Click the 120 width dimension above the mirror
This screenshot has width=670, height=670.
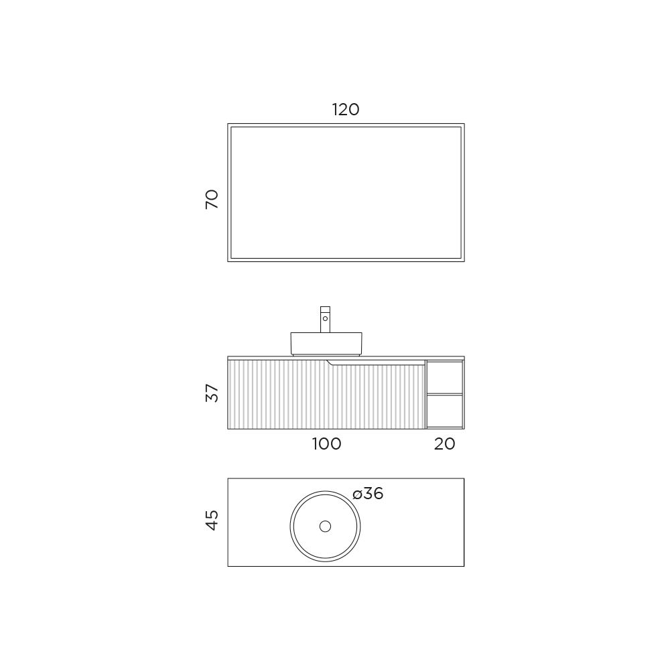coord(346,110)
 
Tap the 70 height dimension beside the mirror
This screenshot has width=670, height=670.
coord(212,199)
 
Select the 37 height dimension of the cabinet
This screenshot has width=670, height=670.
coord(212,393)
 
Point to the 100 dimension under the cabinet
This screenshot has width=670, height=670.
coord(326,444)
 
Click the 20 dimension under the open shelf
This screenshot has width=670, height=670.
coord(444,444)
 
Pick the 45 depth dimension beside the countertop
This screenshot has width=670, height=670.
coord(212,520)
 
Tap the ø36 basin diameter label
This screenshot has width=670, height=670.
coord(368,494)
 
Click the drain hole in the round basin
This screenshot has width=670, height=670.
coord(325,527)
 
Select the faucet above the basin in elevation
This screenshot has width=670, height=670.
coord(325,319)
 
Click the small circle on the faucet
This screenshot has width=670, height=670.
coord(325,319)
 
